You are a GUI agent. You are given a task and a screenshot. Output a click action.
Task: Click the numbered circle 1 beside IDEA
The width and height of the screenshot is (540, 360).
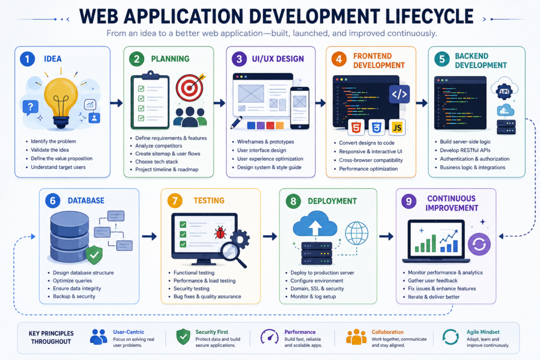(27, 59)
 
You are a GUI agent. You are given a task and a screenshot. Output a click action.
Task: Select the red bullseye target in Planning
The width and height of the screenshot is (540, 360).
(189, 87)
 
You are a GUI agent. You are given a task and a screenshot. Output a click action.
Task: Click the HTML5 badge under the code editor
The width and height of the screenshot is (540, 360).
(356, 128)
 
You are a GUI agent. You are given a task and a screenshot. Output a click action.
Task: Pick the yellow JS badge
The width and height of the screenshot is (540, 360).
(397, 128)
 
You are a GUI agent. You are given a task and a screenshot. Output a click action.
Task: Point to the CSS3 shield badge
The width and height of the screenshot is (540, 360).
(377, 128)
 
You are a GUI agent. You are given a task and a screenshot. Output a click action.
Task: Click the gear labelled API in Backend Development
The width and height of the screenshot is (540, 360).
(504, 91)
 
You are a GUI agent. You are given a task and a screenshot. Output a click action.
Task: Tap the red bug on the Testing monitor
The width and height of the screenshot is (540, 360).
(220, 232)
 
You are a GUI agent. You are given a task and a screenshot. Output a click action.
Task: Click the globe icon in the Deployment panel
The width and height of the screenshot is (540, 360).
(356, 233)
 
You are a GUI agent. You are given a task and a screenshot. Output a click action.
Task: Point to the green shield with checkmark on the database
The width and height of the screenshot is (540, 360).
(94, 255)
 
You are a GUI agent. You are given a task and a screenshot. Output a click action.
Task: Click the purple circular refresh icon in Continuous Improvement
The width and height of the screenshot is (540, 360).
(479, 244)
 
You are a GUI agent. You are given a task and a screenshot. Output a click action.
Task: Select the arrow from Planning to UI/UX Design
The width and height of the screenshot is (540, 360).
(219, 103)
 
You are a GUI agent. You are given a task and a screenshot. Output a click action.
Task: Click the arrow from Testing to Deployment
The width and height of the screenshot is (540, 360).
(270, 237)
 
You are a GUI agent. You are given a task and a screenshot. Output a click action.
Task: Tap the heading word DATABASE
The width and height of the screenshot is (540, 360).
(86, 201)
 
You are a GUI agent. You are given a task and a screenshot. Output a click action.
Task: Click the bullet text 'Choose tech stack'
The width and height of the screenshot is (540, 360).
(157, 161)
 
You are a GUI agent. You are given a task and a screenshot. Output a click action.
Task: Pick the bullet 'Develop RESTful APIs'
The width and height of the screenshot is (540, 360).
(465, 150)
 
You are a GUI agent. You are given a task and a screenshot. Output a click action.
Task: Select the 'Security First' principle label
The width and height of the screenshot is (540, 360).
(212, 332)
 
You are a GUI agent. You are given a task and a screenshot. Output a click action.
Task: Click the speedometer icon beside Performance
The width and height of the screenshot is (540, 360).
(269, 337)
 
